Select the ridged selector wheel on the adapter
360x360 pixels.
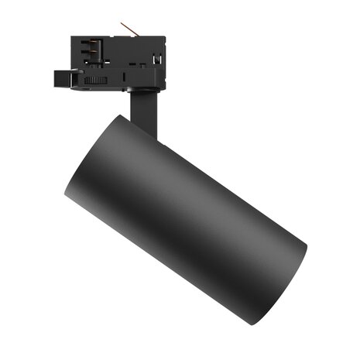[x=94, y=80]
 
